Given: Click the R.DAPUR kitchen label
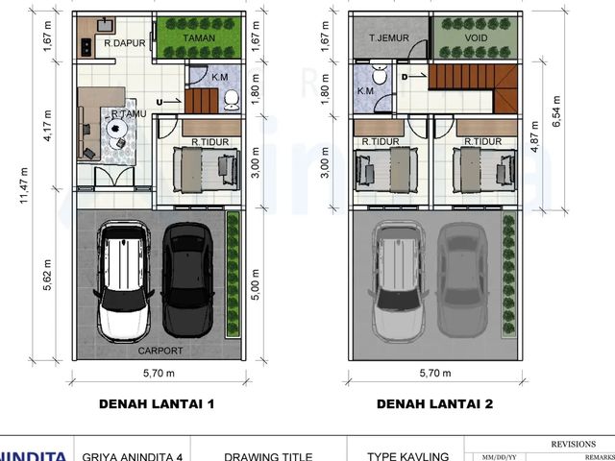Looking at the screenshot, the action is coord(125,43).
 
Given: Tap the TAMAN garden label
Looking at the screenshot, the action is coord(199,38).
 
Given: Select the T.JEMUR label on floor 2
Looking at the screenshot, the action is coord(389,38).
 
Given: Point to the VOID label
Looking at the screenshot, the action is coord(477,38).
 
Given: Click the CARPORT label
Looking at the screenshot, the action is coord(160,351).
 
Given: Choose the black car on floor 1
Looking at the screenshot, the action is coord(188,279).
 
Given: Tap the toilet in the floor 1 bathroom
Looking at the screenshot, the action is coord(232,100).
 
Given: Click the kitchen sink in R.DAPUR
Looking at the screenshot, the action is coord(105,26).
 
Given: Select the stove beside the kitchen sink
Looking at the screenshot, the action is coord(86,47).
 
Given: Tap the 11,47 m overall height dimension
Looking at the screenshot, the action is coord(24,185).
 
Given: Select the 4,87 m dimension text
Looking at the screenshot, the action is coord(534,136).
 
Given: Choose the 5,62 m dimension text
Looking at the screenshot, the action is coord(47,275).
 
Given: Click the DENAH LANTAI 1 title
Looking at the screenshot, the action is coord(157,404).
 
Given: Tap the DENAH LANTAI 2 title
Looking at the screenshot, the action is coord(434,404).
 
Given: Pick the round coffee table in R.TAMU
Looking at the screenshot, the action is coord(115,128).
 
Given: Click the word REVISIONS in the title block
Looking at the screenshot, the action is coord(573,444).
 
